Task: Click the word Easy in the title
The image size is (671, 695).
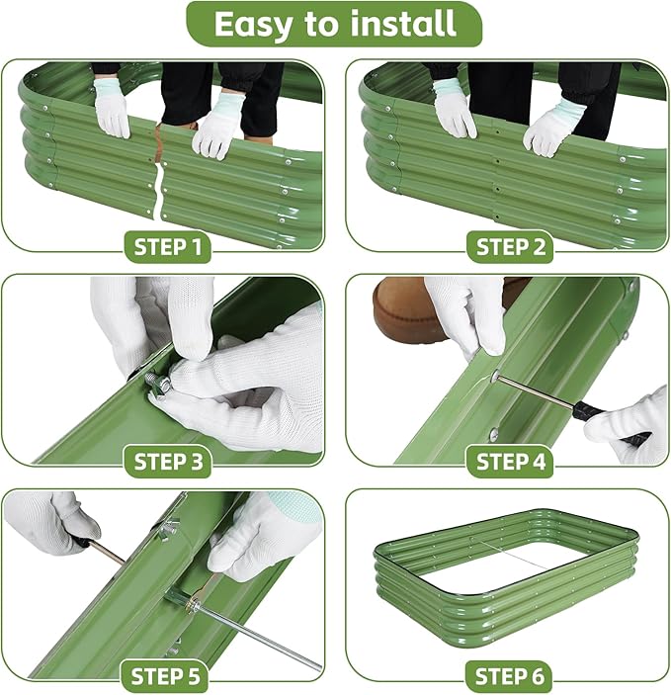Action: [x=255, y=23]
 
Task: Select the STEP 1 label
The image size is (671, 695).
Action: [x=167, y=246]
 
